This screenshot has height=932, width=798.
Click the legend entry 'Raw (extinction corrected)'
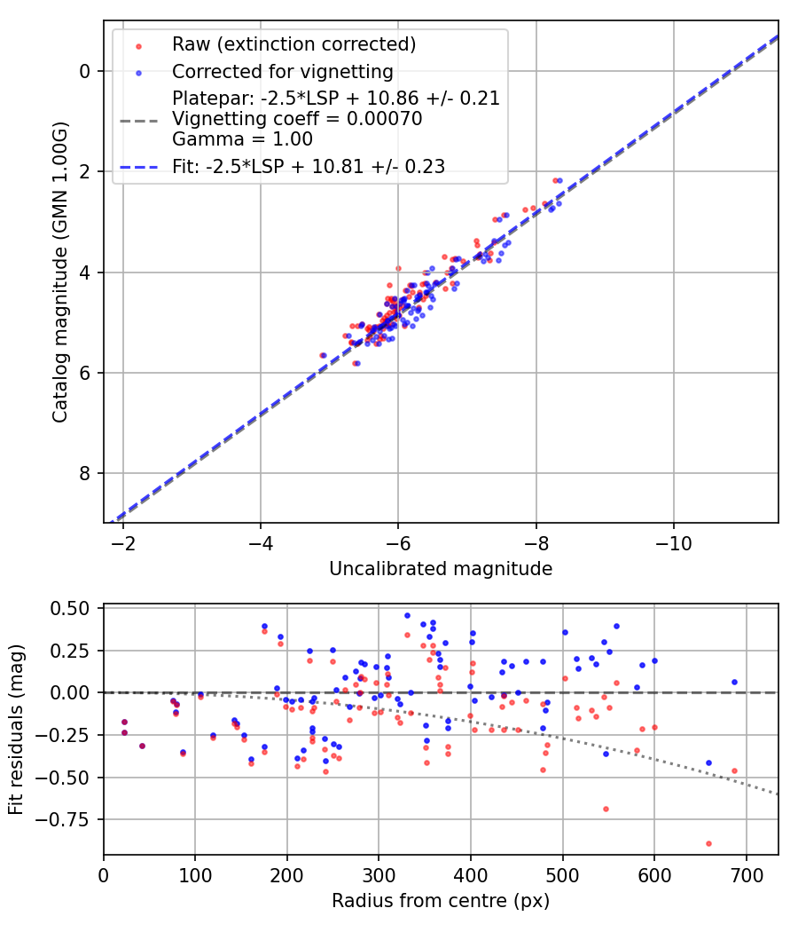[293, 44]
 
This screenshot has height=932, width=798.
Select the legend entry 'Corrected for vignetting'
[283, 71]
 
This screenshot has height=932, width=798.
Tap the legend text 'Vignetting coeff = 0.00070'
[297, 119]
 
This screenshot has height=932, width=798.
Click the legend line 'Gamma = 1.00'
[242, 139]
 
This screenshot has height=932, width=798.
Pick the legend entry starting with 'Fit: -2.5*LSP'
[309, 166]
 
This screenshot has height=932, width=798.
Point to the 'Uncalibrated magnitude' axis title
[441, 569]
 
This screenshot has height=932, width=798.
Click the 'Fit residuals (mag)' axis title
[16, 730]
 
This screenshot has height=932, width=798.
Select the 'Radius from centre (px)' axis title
[441, 901]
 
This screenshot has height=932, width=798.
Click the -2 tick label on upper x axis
[122, 541]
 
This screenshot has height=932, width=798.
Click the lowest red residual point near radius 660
[708, 843]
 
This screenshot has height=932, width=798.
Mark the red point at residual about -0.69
[606, 809]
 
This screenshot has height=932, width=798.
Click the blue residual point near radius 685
[734, 682]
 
